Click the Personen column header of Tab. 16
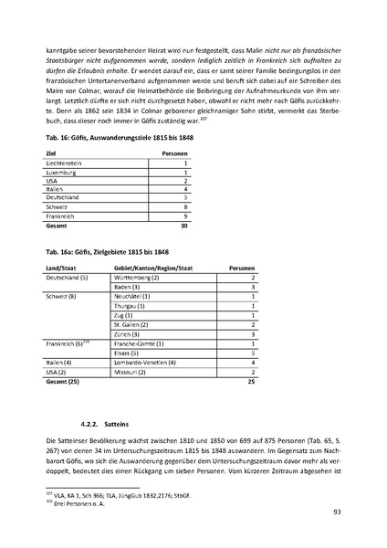(174, 153)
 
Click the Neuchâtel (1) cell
(133, 296)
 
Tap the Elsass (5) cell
(128, 353)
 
